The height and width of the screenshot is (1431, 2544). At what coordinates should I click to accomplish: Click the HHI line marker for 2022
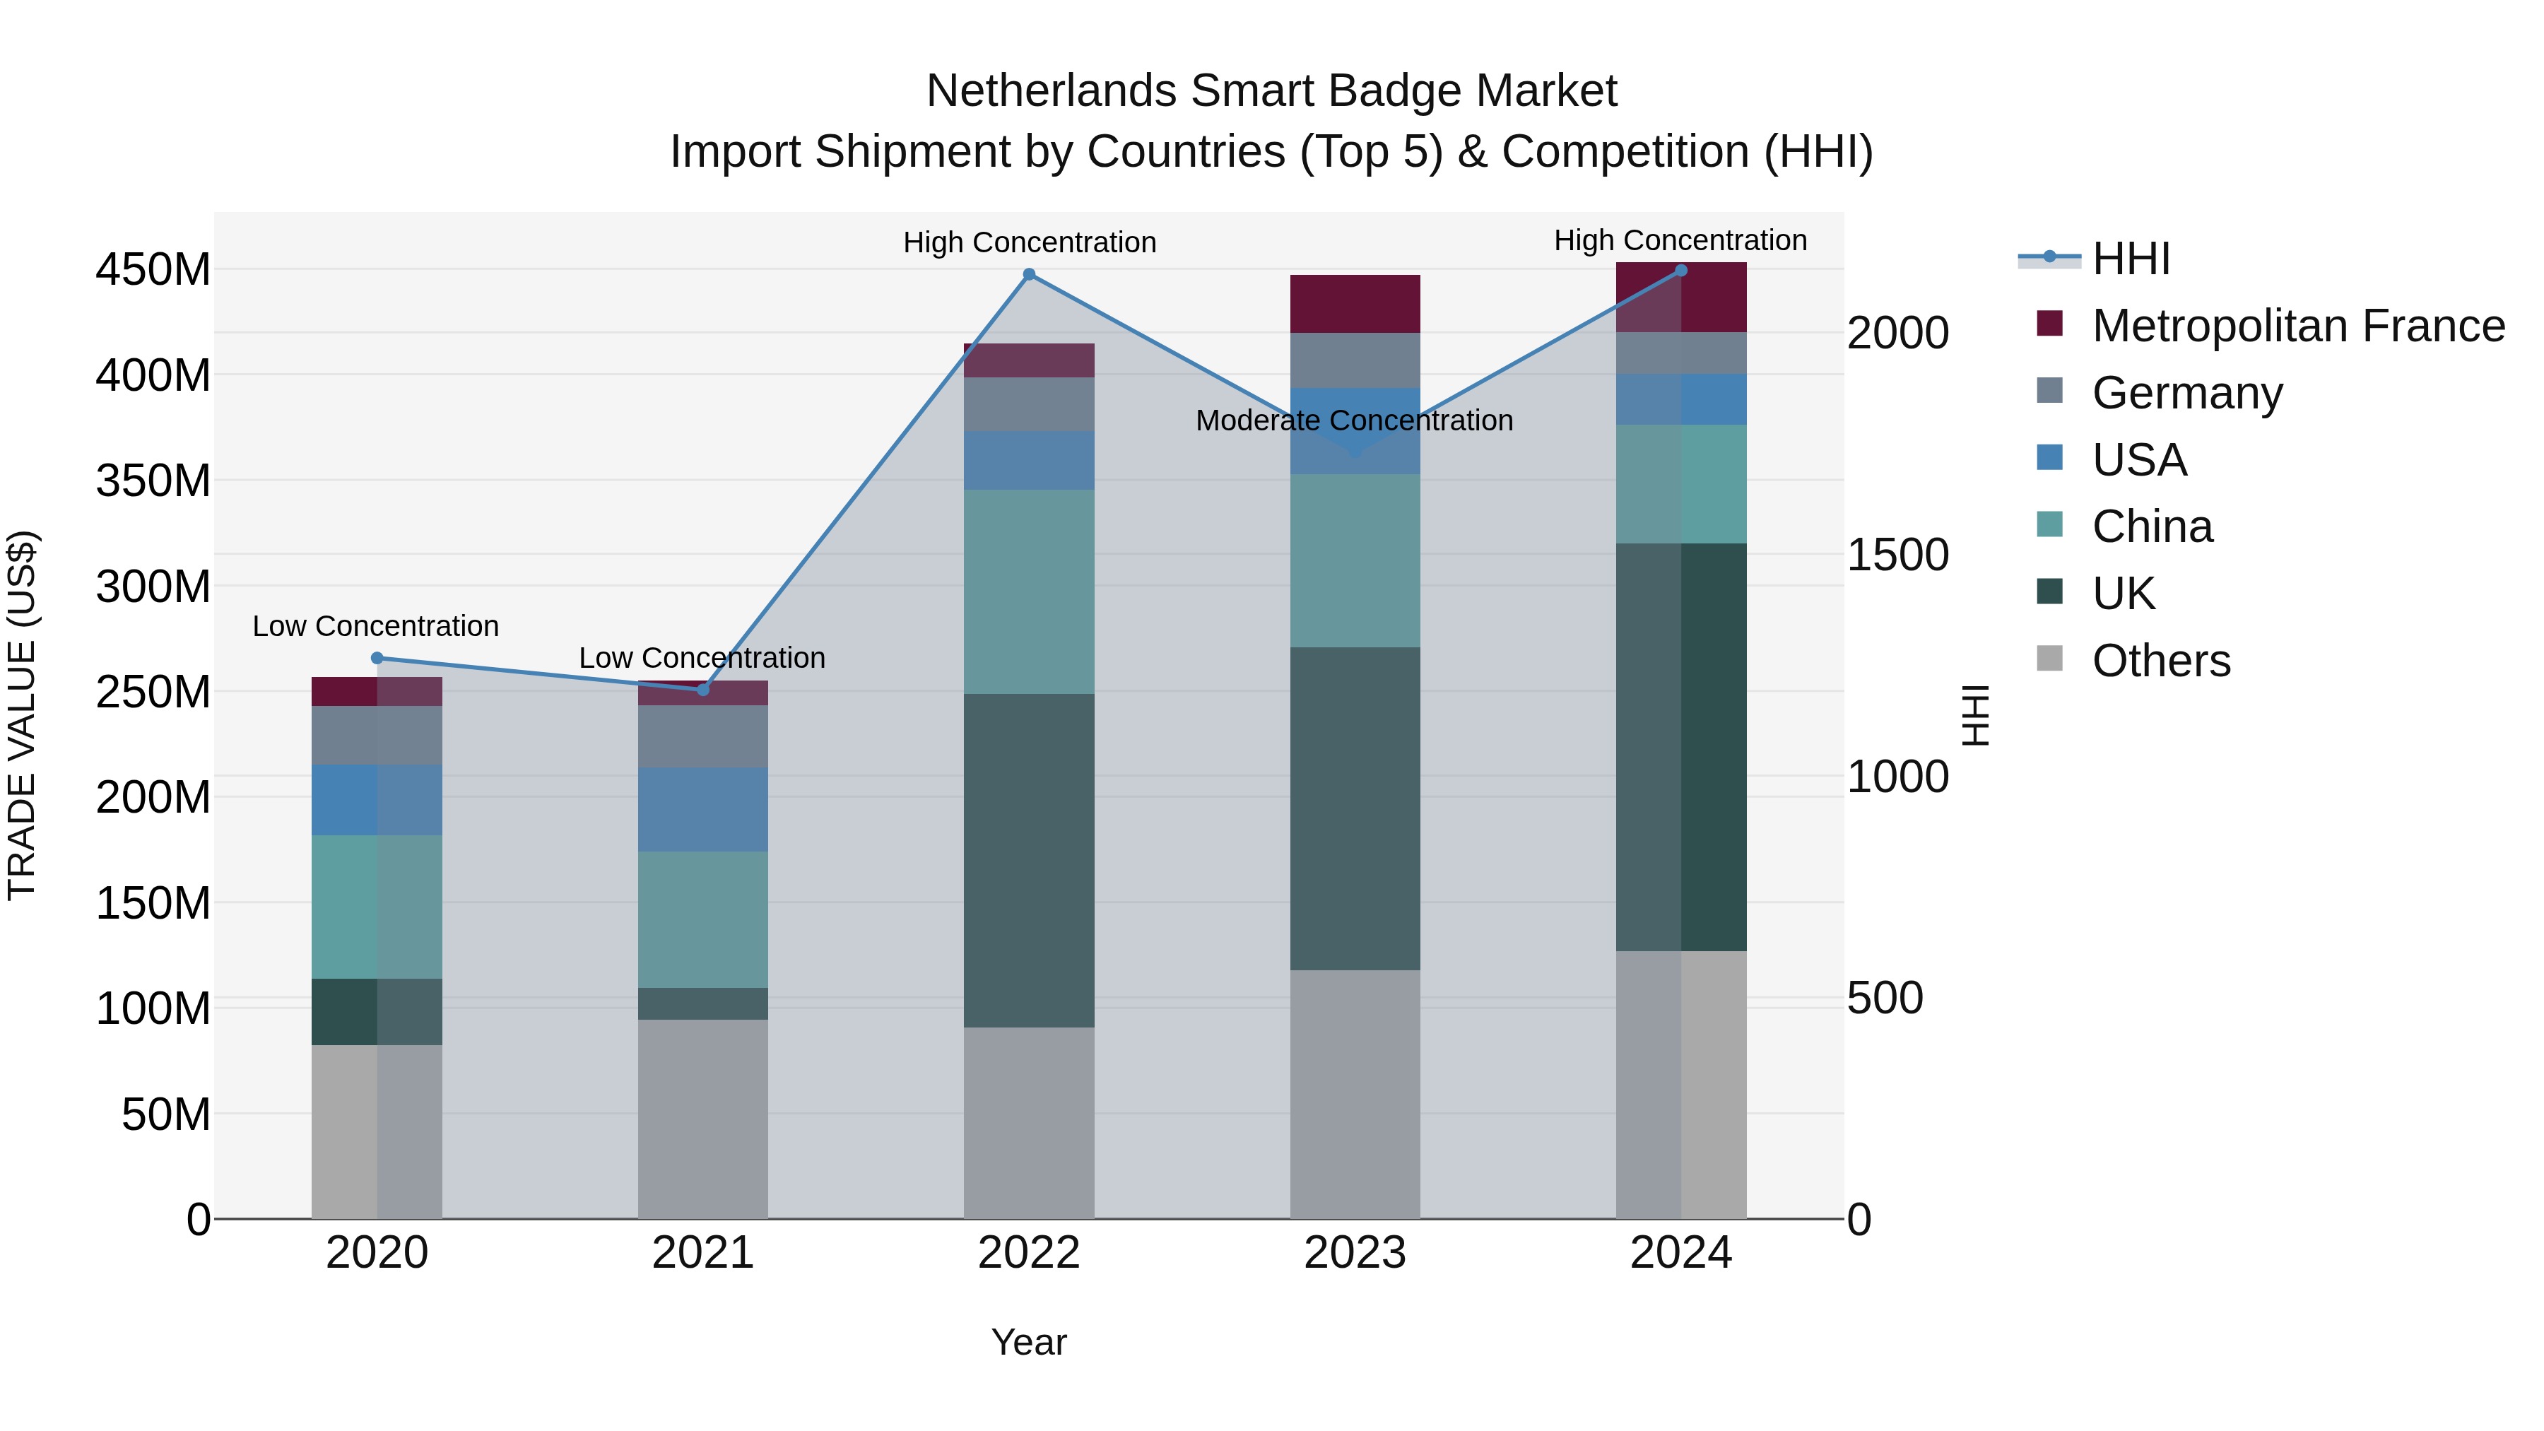tap(1029, 275)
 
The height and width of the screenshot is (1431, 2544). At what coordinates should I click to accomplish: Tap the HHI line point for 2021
tap(703, 689)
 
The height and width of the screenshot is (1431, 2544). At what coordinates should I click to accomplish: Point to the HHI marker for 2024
tap(1681, 271)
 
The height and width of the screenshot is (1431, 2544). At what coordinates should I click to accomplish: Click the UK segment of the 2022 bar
tap(1029, 859)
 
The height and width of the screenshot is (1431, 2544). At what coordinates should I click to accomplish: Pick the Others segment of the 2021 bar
tap(703, 1118)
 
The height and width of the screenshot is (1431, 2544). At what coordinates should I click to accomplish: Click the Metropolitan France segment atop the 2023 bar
tap(1355, 303)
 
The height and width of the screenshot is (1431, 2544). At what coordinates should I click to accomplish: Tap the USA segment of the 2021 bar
tap(703, 809)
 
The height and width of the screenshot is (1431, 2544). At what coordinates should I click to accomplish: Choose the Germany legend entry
tap(2186, 393)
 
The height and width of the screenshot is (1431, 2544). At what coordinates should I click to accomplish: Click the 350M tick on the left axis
tap(153, 481)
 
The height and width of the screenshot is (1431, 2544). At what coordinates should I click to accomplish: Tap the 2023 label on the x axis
tap(1355, 1253)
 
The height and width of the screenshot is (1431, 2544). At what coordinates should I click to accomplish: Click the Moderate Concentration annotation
tap(1354, 420)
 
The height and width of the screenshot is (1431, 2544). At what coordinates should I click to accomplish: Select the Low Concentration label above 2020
tap(375, 626)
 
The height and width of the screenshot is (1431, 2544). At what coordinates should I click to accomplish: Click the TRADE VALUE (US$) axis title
tap(22, 715)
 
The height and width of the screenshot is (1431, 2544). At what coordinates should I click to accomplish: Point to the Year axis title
tap(1028, 1342)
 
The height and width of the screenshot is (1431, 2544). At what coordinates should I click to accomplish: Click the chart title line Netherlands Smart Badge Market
tap(1271, 91)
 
